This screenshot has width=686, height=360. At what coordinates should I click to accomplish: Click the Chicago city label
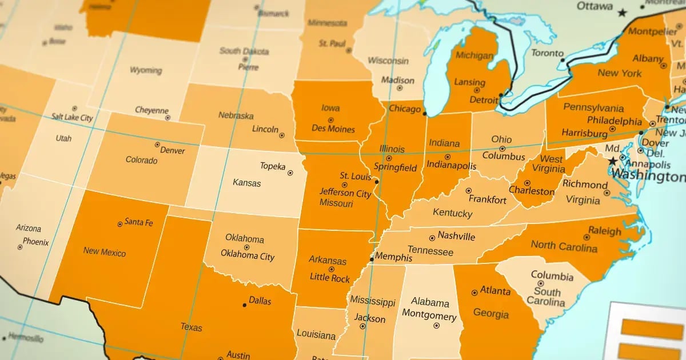pos(404,108)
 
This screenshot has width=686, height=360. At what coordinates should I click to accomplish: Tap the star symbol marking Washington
pos(614,161)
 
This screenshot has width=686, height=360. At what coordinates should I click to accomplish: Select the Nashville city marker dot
pos(432,238)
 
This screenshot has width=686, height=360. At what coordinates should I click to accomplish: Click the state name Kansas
pos(247,183)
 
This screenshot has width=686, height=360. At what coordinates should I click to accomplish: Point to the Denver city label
pos(173,150)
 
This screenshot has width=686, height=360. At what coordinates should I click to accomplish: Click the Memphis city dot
pos(372,259)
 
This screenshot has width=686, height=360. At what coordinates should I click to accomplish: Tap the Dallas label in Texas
pos(260,301)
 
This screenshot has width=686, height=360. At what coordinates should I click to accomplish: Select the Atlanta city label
pos(495,291)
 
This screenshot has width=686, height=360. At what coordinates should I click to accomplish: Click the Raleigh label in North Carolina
pos(605,231)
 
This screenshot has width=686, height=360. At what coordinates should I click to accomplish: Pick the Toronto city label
pos(547,53)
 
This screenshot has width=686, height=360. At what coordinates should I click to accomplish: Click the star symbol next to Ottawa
pos(623,12)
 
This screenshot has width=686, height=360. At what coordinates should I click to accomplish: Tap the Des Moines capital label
pos(333,129)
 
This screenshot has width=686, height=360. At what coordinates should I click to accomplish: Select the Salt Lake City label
pos(72,117)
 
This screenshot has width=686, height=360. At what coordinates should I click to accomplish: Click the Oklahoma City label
pos(248,257)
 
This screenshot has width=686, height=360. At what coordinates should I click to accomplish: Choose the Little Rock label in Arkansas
pos(330,278)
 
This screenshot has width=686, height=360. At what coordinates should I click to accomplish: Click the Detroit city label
pos(484,100)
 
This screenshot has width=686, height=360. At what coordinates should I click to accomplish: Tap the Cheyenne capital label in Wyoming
pos(151,110)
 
